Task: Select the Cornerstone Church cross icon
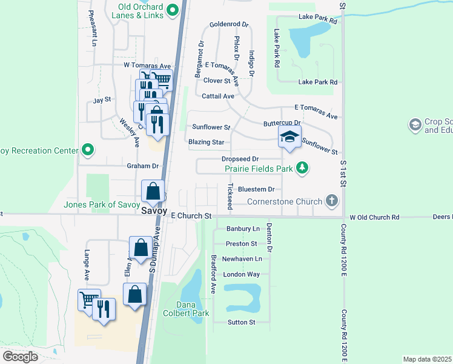[x=331, y=200]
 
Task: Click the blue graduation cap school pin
[x=289, y=136]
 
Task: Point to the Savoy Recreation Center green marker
[x=88, y=150]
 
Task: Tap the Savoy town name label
[x=154, y=211]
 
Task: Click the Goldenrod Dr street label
[x=229, y=24]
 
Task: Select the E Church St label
[x=191, y=216]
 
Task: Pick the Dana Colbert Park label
[x=186, y=309]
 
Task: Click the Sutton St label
[x=241, y=322]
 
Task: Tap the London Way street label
[x=241, y=274]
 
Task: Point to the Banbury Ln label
[x=242, y=229]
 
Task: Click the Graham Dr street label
[x=142, y=166]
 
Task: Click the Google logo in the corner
[x=20, y=356]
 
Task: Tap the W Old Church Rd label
[x=375, y=217]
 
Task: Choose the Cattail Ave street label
[x=217, y=96]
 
